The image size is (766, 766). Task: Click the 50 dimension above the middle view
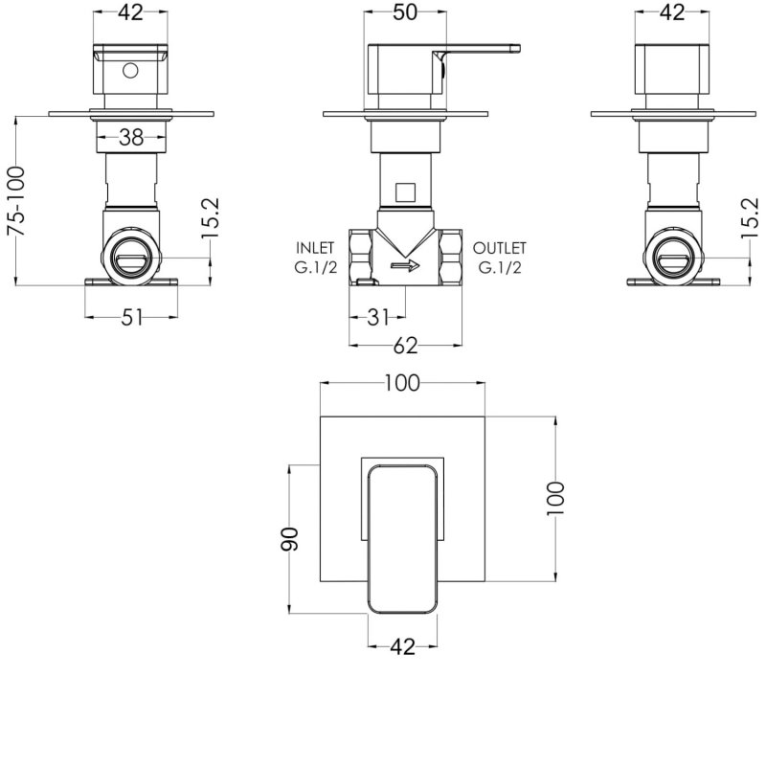coord(405,12)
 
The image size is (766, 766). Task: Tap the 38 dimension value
coord(131,138)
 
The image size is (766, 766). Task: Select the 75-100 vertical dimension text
coord(16,201)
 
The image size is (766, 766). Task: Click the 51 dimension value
coord(131,318)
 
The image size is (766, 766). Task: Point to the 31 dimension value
coord(378,318)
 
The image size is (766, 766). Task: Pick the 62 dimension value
coord(405,346)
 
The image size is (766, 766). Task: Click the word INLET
coord(315,248)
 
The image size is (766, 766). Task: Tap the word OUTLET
coord(499,248)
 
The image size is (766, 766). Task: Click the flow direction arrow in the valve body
coord(405,266)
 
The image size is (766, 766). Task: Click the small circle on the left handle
coord(130,71)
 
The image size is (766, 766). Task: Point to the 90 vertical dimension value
coord(289,539)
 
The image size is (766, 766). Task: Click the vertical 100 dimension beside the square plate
coord(555,498)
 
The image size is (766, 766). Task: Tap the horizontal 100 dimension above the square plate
coord(402,384)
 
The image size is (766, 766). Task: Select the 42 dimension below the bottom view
coord(403,647)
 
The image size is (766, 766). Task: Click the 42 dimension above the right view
coord(672,12)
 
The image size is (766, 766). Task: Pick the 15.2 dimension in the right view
coord(750,218)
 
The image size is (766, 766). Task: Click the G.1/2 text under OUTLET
coord(500,268)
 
